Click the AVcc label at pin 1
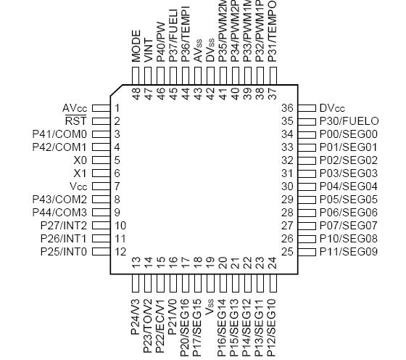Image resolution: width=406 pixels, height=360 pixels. click(75, 108)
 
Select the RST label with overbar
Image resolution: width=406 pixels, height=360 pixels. click(76, 121)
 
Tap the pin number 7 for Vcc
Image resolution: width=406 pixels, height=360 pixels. click(117, 187)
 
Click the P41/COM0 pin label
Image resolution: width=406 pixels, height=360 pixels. click(59, 134)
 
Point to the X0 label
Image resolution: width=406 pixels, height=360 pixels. click(80, 160)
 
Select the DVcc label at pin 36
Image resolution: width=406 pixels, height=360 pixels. click(333, 108)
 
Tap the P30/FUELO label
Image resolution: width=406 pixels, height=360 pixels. click(349, 121)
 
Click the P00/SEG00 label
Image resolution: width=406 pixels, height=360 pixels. click(349, 134)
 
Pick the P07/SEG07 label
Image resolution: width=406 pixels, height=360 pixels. click(349, 226)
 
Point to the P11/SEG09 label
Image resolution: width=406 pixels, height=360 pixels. click(349, 252)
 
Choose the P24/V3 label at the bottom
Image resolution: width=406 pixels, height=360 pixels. click(136, 316)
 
